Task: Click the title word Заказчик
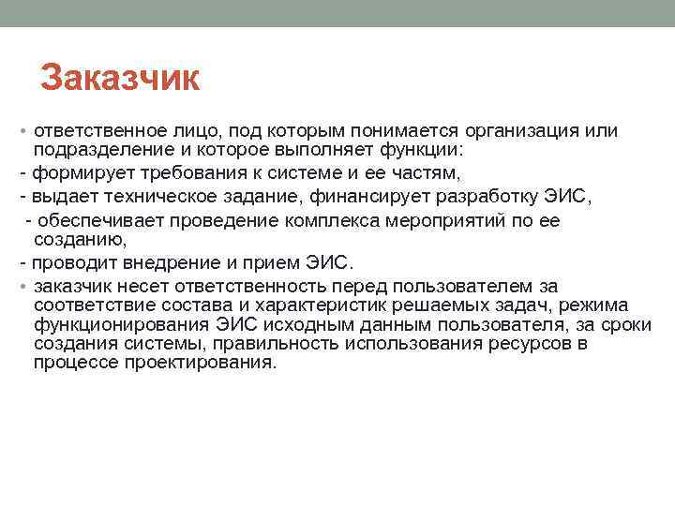120,79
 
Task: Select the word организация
518,133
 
